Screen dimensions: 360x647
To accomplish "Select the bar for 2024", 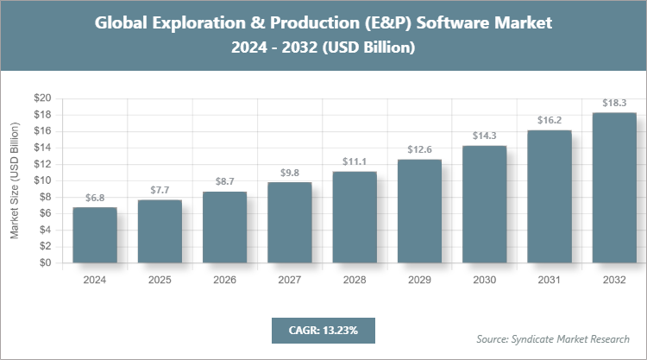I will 95,235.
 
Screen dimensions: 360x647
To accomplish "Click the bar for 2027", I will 290,223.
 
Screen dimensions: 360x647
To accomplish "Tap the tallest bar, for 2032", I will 614,187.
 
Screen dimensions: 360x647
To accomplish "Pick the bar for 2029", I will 419,212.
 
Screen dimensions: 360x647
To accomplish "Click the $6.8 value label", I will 95,198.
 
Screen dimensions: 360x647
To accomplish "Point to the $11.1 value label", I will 355,161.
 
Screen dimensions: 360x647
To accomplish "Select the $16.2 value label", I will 550,120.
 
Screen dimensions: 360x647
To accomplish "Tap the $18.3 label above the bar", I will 614,103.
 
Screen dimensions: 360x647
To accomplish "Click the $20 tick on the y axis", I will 43,98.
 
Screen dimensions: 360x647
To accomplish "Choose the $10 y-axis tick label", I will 43,180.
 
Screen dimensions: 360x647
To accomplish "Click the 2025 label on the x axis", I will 160,281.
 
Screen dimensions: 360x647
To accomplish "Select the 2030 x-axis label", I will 484,281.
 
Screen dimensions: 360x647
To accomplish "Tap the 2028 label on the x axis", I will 355,281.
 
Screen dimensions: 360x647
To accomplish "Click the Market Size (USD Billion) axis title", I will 15,181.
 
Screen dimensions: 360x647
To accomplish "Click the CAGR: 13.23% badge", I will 323,330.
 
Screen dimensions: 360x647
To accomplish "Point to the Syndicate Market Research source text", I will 552,338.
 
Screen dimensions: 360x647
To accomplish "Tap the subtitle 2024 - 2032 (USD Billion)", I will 323,48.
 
